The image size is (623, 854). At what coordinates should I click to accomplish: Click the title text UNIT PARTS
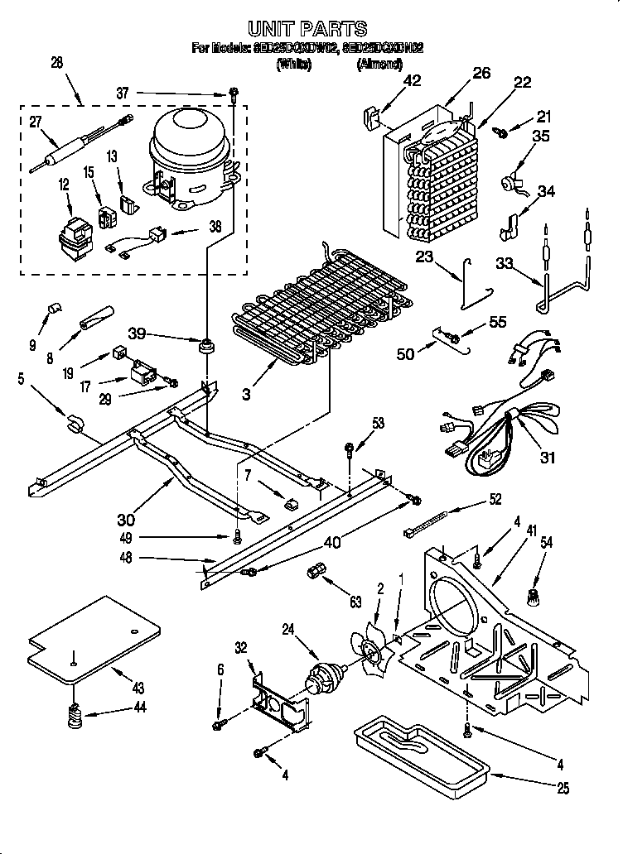308,30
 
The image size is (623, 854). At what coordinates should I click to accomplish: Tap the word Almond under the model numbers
380,64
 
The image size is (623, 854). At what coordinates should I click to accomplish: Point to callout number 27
35,122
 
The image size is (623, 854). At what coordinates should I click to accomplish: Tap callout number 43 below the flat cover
138,688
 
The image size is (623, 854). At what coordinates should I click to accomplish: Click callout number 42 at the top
412,81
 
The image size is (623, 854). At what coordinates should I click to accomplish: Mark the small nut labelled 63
316,572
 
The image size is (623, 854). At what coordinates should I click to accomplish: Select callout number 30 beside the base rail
126,521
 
